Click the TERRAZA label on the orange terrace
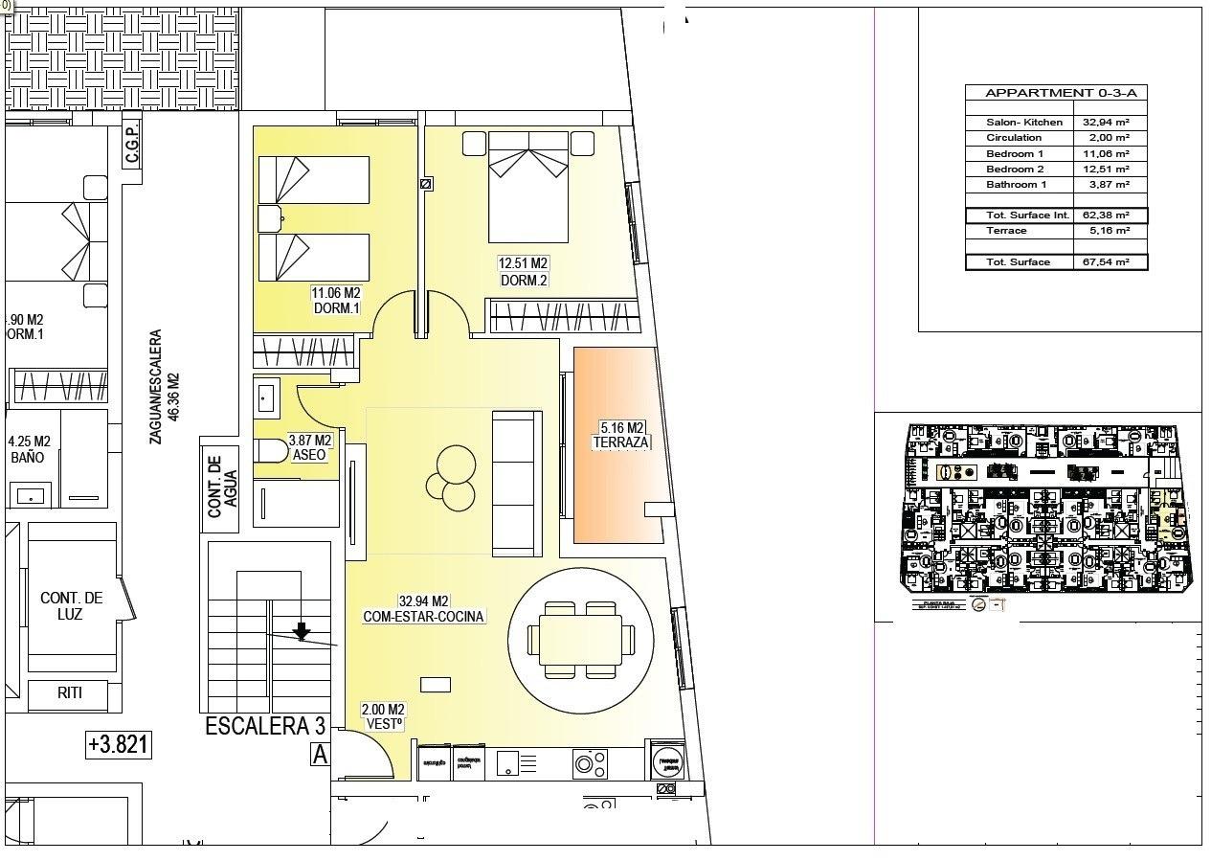620,442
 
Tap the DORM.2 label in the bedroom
523,280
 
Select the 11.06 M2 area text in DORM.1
335,293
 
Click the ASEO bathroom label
309,455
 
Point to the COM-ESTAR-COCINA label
423,616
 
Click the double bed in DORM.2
528,187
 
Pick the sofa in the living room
517,483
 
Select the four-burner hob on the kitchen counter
590,763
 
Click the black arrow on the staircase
302,630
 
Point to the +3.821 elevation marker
119,744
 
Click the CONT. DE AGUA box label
222,486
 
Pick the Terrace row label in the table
1006,231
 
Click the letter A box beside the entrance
320,755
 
